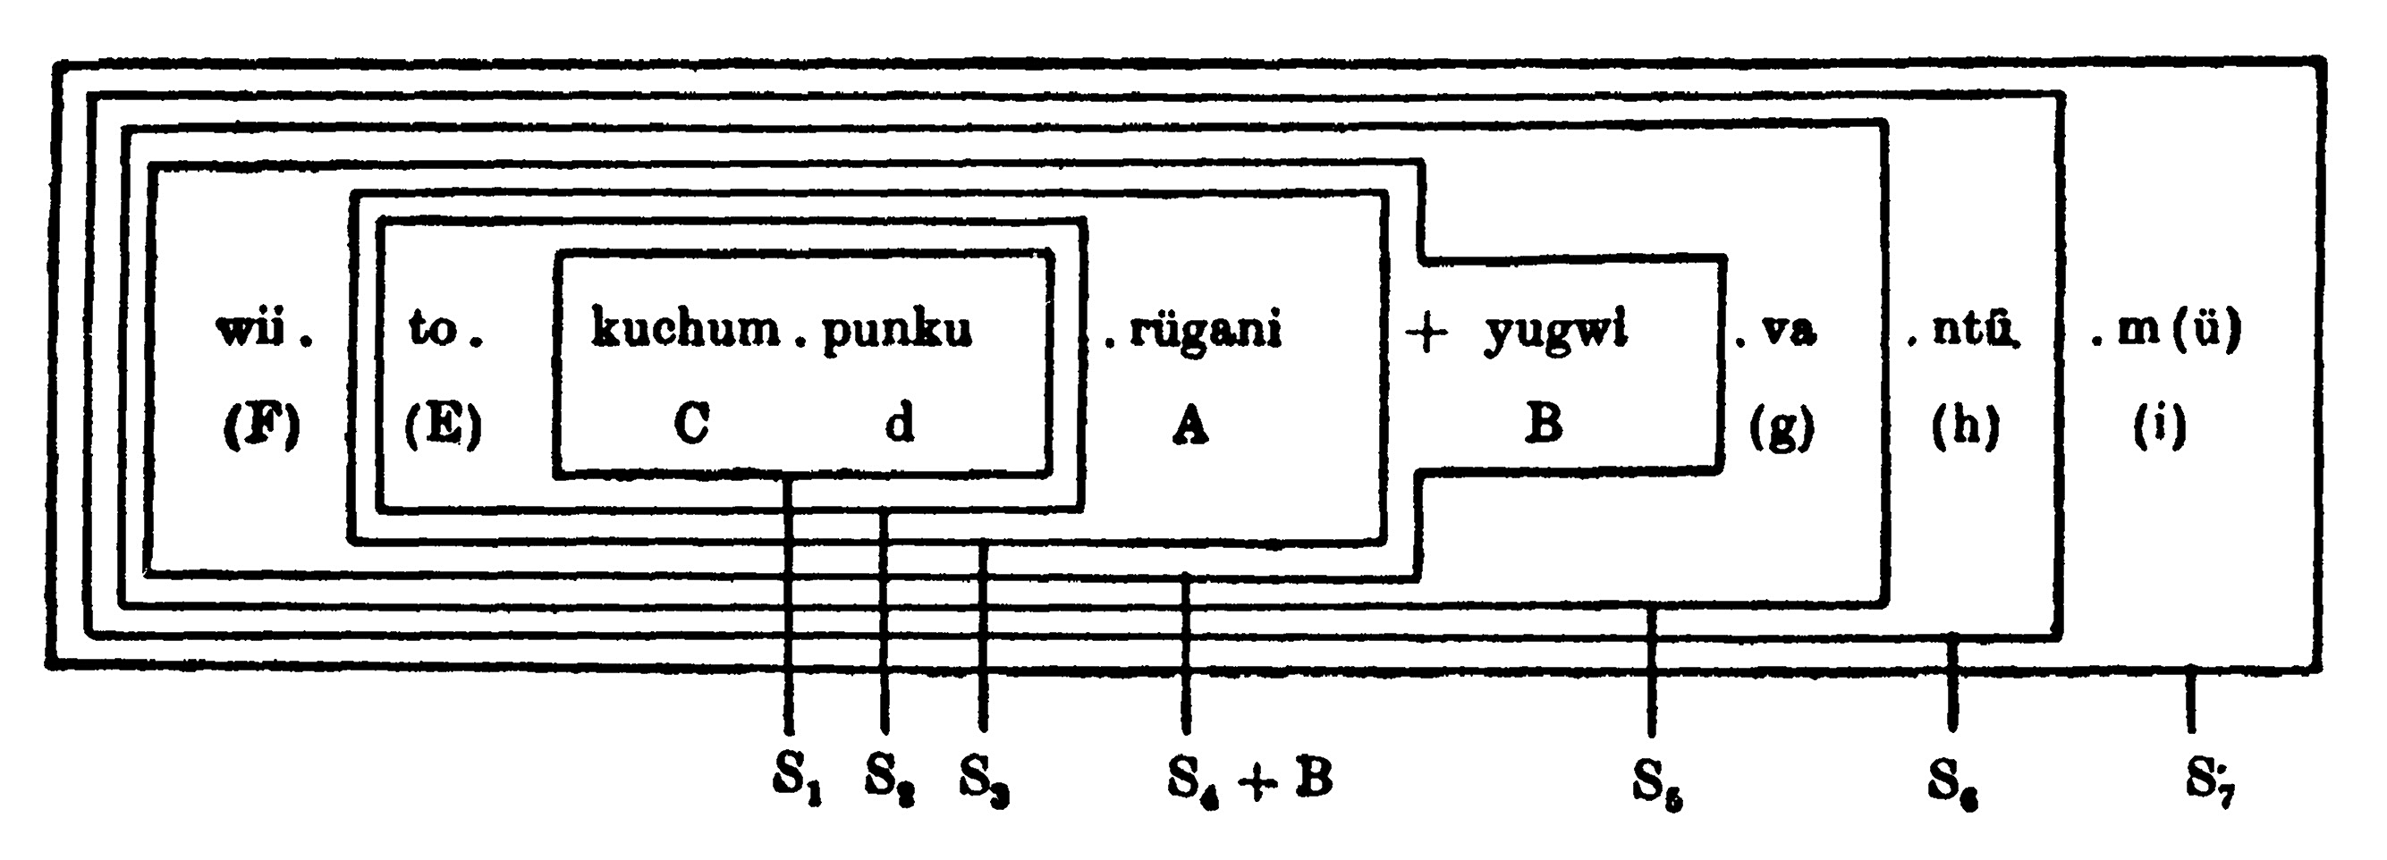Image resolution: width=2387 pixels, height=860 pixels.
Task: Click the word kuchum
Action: [x=685, y=330]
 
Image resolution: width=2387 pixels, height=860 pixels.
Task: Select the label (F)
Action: [x=262, y=426]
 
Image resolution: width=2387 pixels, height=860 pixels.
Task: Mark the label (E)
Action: [x=444, y=426]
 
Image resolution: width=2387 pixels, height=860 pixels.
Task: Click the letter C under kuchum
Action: [x=692, y=425]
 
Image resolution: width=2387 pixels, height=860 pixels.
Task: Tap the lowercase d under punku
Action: [x=899, y=425]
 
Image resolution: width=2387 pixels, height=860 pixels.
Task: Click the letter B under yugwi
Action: [x=1543, y=425]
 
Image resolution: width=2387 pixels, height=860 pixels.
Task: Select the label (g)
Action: [x=1782, y=427]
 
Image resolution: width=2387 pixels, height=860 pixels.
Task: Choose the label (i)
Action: [x=2160, y=427]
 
